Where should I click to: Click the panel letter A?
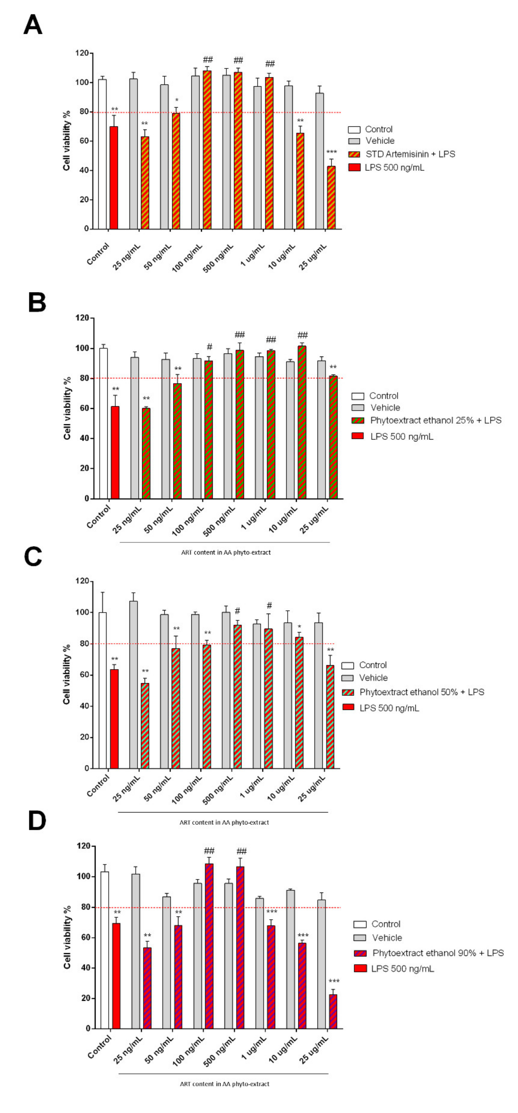pos(33,25)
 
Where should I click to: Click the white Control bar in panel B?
pos(103,423)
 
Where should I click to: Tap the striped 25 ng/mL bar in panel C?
pos(145,726)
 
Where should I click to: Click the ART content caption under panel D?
pos(224,1084)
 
